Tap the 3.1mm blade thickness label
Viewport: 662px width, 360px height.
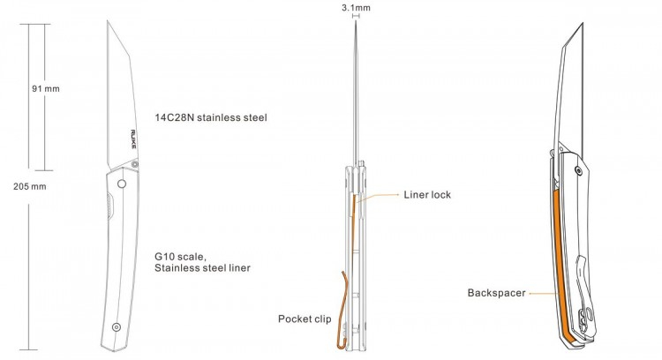click(x=356, y=7)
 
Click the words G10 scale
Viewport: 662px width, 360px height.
click(x=180, y=256)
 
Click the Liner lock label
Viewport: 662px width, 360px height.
click(x=427, y=195)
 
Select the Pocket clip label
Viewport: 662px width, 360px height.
click(x=306, y=319)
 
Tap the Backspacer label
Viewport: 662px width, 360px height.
click(x=497, y=292)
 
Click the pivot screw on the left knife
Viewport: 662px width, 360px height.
click(x=121, y=183)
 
